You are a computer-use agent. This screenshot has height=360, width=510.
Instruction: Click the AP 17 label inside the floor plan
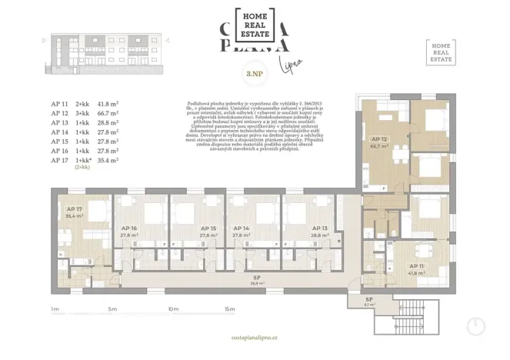click(75, 209)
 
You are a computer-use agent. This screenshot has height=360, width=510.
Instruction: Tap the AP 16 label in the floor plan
click(128, 228)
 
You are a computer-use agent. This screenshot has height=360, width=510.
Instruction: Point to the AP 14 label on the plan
click(241, 228)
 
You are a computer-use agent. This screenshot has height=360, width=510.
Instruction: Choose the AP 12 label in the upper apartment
click(377, 138)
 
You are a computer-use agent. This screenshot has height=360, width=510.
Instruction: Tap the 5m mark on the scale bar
click(112, 309)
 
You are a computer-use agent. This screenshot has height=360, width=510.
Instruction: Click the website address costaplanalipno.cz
click(255, 338)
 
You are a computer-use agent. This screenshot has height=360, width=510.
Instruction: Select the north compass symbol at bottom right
click(476, 326)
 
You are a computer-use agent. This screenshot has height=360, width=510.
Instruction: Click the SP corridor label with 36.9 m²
click(255, 280)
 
